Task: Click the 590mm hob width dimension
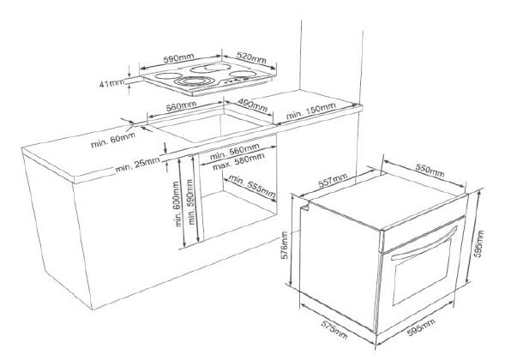179,58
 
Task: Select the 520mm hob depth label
251,57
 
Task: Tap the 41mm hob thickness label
111,83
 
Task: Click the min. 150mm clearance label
310,110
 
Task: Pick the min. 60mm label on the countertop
113,141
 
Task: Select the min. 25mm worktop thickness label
138,165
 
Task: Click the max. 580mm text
238,162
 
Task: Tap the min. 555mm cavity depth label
252,187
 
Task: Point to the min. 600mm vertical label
176,204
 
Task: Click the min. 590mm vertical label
191,202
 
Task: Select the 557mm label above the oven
333,180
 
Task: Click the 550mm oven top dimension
430,171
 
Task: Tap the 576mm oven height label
285,245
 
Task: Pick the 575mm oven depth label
334,330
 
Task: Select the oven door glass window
421,272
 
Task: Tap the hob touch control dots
231,81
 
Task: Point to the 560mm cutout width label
181,106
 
